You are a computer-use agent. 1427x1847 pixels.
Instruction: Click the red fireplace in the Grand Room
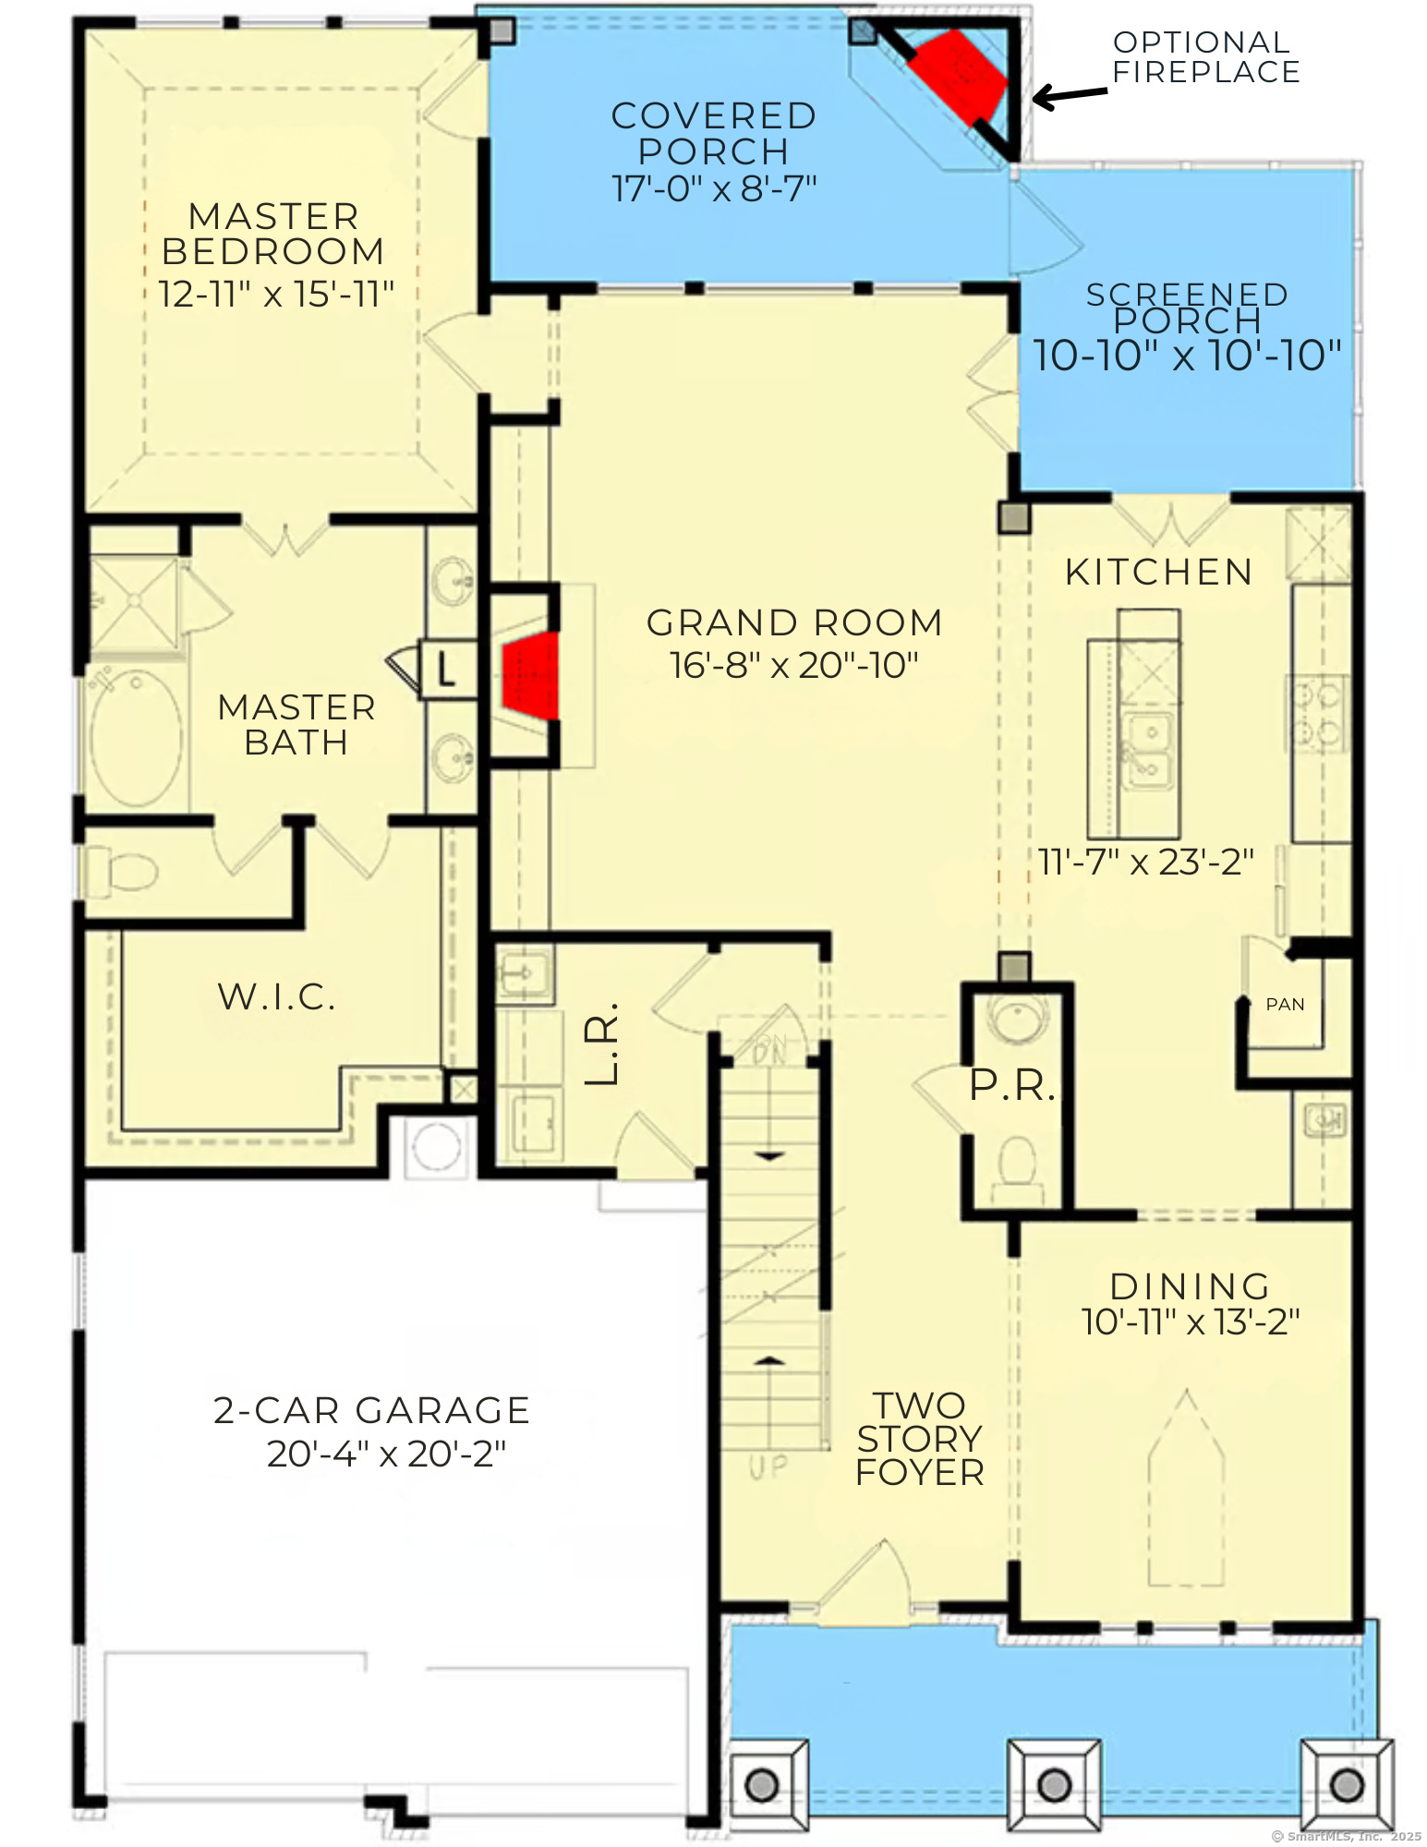[x=532, y=676]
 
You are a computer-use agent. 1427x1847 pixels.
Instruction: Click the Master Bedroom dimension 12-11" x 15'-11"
[x=276, y=295]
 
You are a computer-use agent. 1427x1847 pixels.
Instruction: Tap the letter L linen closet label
[x=446, y=670]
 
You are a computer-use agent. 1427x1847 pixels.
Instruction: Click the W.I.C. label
[x=276, y=997]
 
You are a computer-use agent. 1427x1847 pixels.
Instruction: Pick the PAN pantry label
[x=1285, y=1005]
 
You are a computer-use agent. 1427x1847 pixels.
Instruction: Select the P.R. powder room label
[x=1011, y=1086]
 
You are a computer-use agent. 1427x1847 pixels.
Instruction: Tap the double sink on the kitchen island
[x=1147, y=750]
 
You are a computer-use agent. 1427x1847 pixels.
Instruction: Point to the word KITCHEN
[x=1159, y=573]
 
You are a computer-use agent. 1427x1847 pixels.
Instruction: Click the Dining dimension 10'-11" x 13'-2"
[x=1191, y=1322]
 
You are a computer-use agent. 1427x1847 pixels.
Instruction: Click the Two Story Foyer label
[x=919, y=1439]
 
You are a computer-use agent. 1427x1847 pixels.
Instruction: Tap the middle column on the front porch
[x=1054, y=1784]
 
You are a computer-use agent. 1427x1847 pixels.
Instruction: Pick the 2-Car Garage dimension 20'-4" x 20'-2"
[x=386, y=1455]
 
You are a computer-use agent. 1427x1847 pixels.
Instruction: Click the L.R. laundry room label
[x=602, y=1044]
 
